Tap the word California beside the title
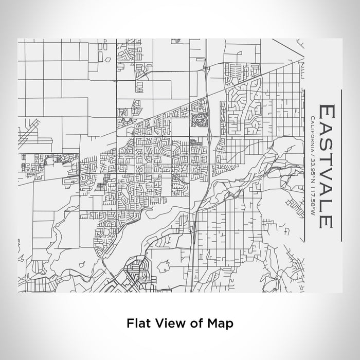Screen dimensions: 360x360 coord(313,134)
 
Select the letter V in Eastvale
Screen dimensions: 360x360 coord(327,181)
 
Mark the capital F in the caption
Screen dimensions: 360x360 coord(129,323)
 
